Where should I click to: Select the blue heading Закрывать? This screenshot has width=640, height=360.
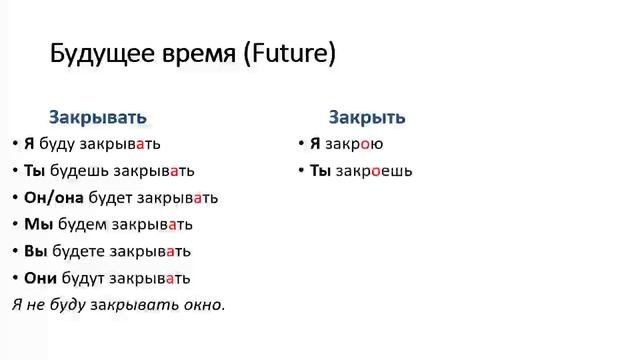97,117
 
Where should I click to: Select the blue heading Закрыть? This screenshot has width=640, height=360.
367,117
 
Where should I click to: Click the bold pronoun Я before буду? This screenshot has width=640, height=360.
29,144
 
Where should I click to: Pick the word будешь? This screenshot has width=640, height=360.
82,171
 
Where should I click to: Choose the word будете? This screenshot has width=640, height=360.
82,252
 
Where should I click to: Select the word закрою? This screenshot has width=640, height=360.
354,144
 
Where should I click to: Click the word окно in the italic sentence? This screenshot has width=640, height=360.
203,304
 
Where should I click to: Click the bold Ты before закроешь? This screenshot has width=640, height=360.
320,171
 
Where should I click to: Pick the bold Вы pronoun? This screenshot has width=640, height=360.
35,252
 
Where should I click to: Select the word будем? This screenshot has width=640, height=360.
83,225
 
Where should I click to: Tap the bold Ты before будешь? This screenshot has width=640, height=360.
35,171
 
